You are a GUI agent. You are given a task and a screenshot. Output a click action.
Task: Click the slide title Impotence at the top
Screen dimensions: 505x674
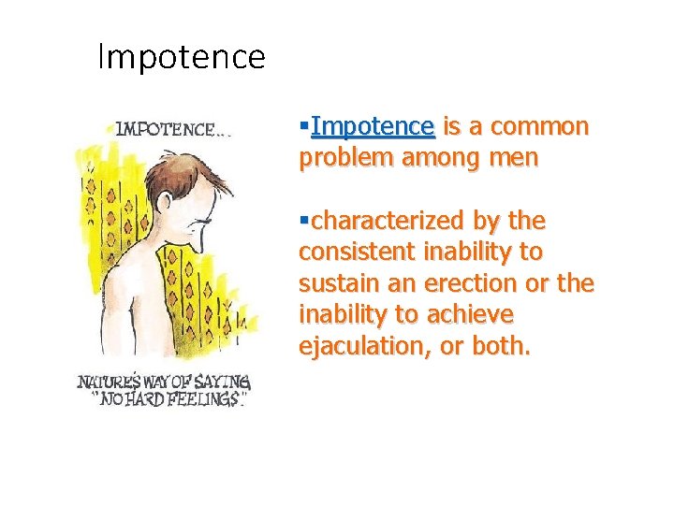[x=182, y=58]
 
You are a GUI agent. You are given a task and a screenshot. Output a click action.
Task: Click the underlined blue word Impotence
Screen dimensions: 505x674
[x=373, y=126]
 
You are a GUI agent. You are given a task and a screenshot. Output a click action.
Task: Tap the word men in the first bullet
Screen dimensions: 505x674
[x=516, y=158]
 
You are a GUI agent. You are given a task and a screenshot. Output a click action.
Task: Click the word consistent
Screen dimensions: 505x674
[x=358, y=252]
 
